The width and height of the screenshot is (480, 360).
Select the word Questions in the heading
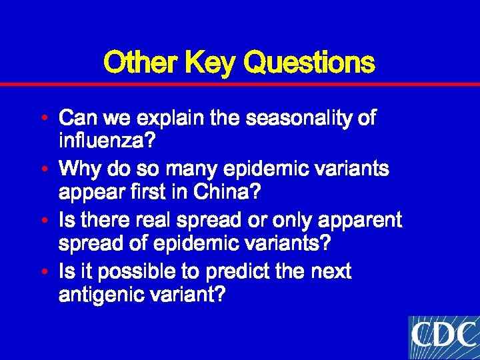pyautogui.click(x=309, y=63)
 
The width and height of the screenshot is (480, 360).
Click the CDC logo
pyautogui.click(x=443, y=337)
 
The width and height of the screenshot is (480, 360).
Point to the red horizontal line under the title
pyautogui.click(x=240, y=85)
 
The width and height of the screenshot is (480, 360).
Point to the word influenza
pyautogui.click(x=107, y=141)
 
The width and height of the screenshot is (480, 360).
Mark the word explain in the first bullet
pyautogui.click(x=172, y=119)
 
